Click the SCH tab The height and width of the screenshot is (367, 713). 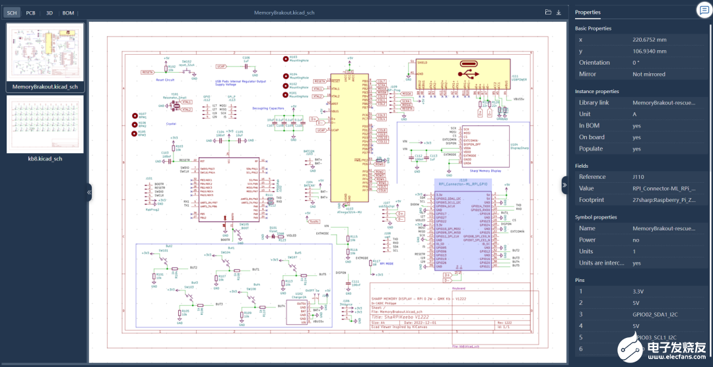tap(12, 13)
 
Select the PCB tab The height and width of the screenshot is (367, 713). tap(30, 13)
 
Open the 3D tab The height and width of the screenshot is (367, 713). tap(49, 13)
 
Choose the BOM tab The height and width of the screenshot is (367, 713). tap(68, 13)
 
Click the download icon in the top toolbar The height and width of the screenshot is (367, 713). tap(559, 13)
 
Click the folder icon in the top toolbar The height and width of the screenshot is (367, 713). tap(548, 13)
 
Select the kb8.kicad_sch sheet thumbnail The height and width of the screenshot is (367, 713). tap(45, 124)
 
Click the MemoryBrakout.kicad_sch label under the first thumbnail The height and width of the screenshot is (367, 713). tap(45, 86)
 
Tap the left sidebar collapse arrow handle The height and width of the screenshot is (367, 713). tap(89, 192)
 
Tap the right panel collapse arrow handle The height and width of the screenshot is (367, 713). tap(564, 185)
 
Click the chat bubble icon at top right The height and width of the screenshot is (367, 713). tap(702, 9)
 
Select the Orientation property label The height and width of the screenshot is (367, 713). tap(594, 63)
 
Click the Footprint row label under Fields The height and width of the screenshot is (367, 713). tap(592, 199)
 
